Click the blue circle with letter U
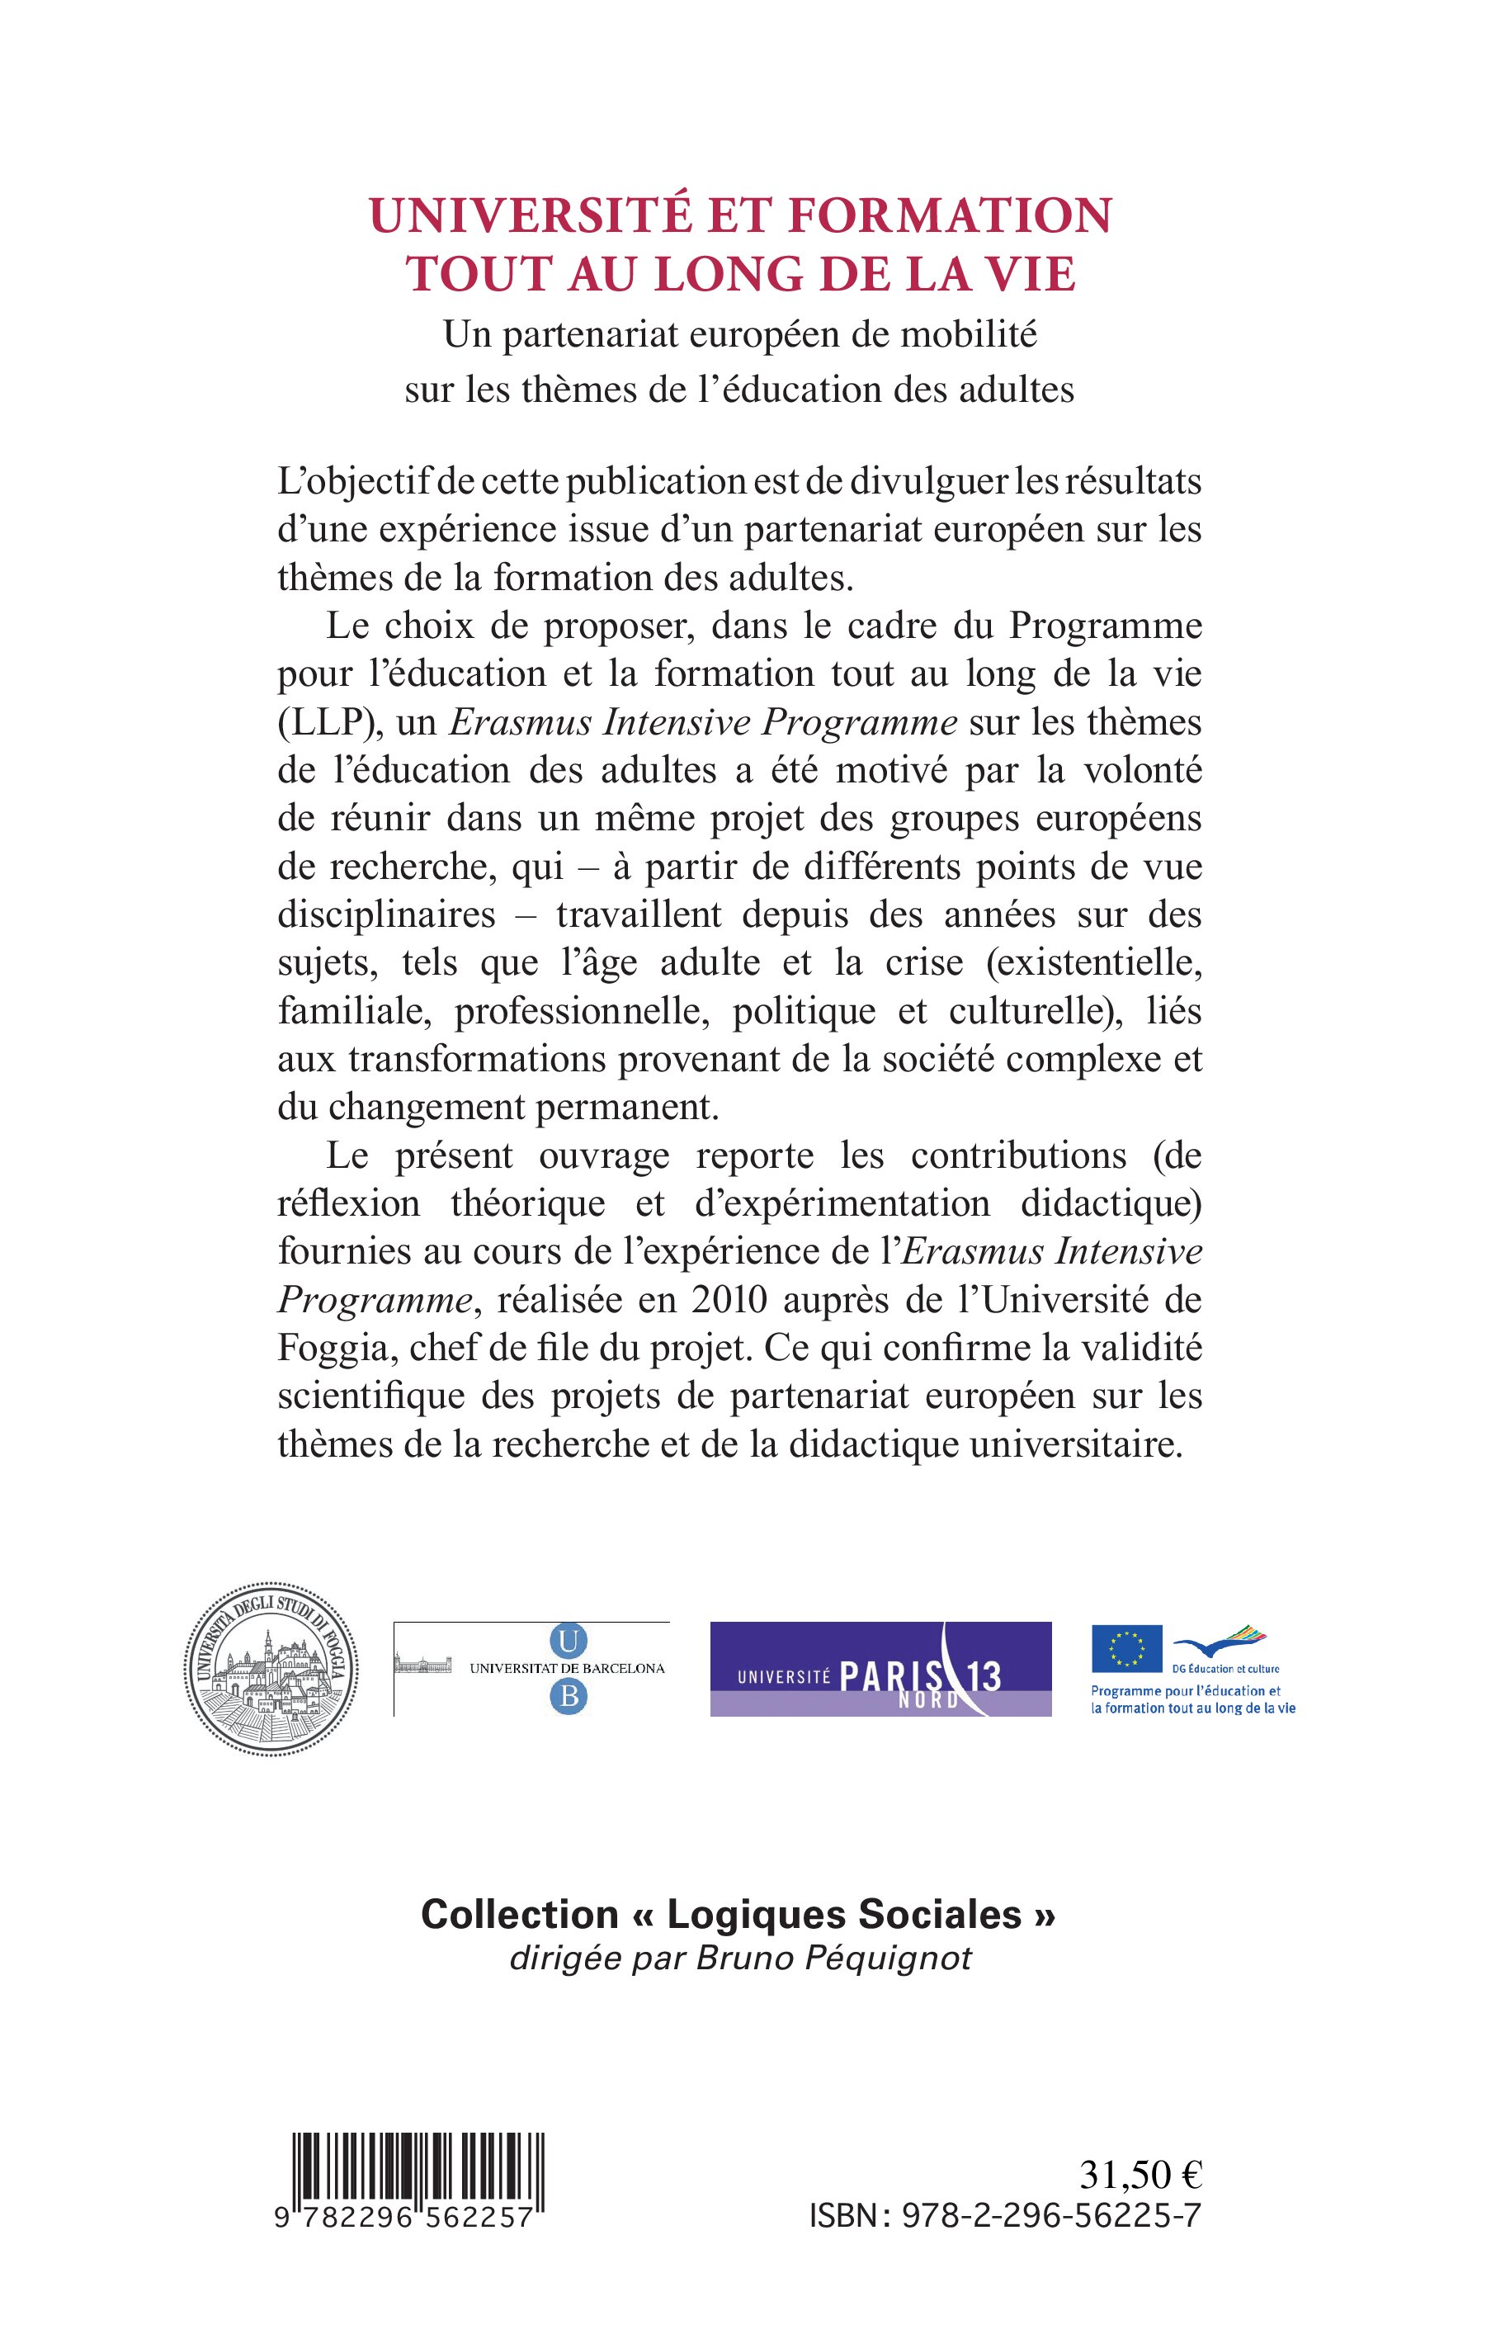569,1642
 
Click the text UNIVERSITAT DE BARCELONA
567,1668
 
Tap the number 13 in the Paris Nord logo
983,1676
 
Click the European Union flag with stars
1126,1648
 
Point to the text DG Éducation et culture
1225,1668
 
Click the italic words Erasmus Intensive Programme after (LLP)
703,723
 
